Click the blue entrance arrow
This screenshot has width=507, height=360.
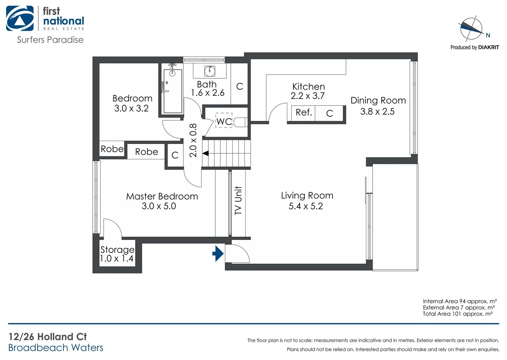pyautogui.click(x=218, y=253)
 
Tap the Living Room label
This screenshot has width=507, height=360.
pyautogui.click(x=307, y=195)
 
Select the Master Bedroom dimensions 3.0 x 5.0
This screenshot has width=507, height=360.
pyautogui.click(x=159, y=206)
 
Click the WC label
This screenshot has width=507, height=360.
pyautogui.click(x=224, y=121)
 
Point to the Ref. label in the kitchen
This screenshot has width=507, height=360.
pyautogui.click(x=304, y=112)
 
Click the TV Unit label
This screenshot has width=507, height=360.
pyautogui.click(x=238, y=200)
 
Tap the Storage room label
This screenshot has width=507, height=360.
pyautogui.click(x=117, y=249)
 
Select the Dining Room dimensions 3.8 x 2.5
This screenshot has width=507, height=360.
pyautogui.click(x=377, y=111)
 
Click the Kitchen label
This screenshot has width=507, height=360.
pyautogui.click(x=308, y=86)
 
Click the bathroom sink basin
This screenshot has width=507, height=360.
pyautogui.click(x=210, y=70)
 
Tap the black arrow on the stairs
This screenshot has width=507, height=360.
pyautogui.click(x=206, y=153)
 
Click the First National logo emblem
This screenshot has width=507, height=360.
pyautogui.click(x=20, y=19)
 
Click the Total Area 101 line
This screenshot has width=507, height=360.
pyautogui.click(x=457, y=314)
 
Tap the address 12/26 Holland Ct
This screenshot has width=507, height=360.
pyautogui.click(x=48, y=337)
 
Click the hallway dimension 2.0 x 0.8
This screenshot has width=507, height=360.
pyautogui.click(x=193, y=140)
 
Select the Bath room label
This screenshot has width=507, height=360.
pyautogui.click(x=207, y=84)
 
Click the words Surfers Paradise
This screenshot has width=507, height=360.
pyautogui.click(x=50, y=40)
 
